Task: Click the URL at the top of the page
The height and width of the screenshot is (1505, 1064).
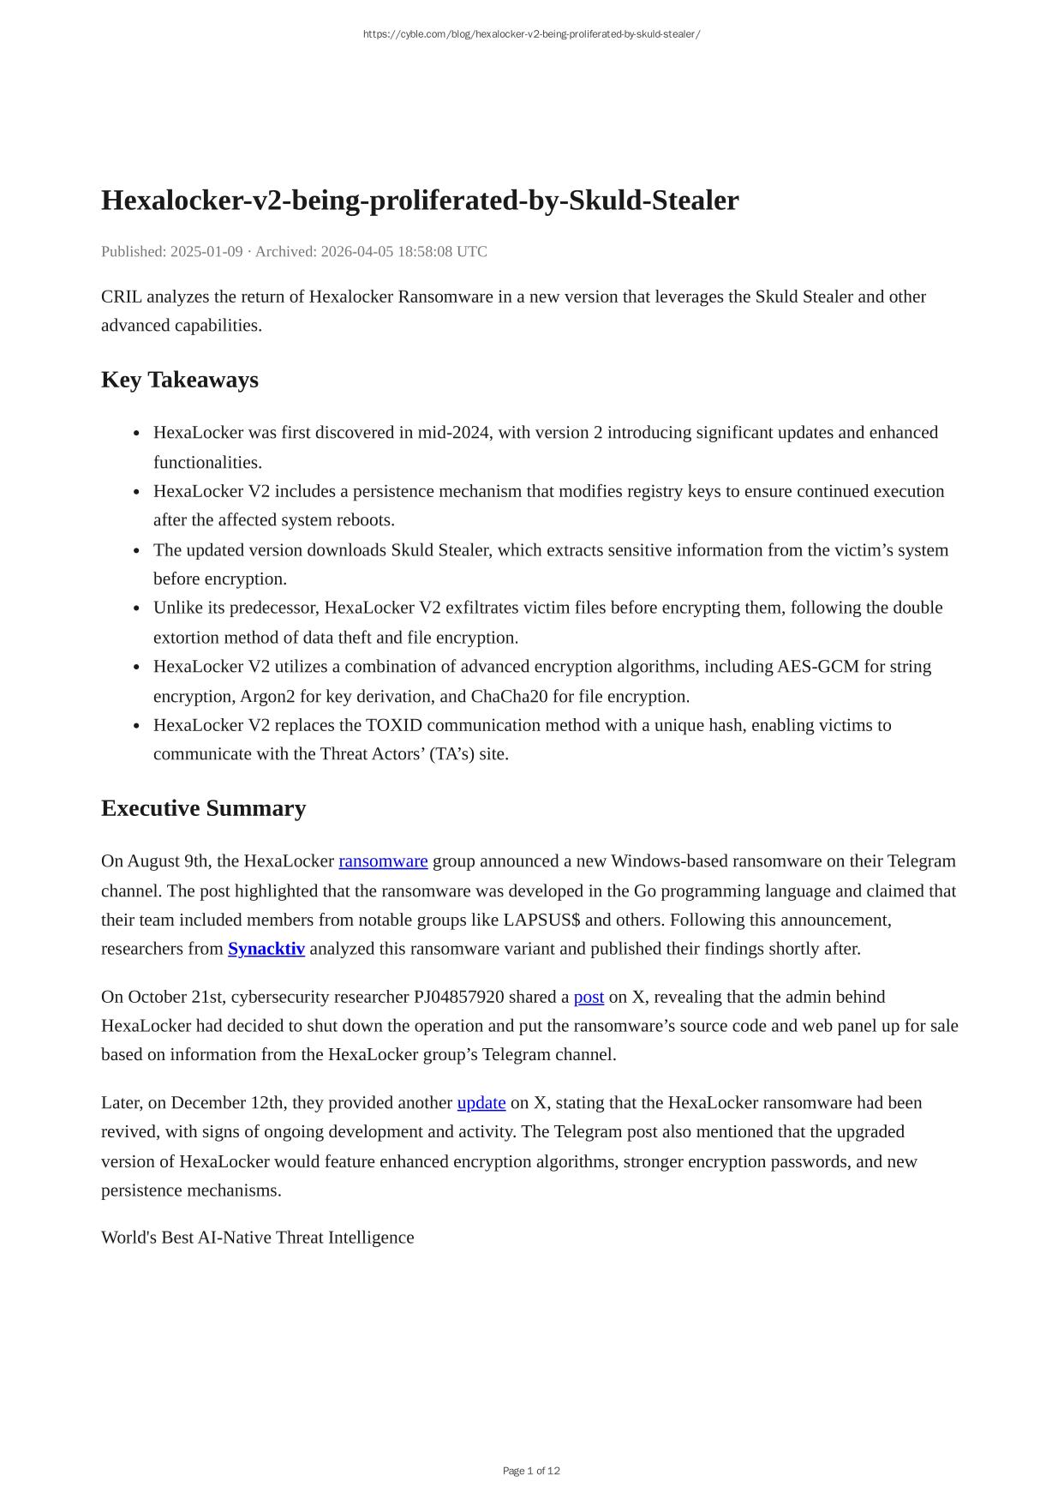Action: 531,34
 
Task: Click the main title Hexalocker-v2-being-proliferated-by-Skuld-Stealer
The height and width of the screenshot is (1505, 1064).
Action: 420,201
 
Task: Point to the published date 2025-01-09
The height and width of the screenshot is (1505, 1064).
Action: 206,252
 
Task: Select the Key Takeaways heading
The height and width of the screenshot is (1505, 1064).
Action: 180,380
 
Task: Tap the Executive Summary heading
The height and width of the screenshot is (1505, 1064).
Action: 203,808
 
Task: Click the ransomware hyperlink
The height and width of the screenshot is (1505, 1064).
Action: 383,861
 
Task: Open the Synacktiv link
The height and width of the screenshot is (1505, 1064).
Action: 266,949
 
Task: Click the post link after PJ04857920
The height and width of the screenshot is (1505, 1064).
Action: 589,997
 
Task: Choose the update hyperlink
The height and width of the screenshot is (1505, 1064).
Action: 481,1103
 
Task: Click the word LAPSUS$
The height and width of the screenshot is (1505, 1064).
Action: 541,920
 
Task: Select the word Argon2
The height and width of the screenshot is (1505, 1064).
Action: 267,696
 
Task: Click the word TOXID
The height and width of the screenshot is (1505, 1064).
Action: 394,725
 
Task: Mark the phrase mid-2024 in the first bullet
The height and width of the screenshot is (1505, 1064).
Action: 455,433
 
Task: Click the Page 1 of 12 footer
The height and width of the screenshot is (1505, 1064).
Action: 531,1471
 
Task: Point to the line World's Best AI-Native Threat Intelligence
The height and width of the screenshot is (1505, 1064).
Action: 257,1238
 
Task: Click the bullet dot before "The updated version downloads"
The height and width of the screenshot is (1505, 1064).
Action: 137,550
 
